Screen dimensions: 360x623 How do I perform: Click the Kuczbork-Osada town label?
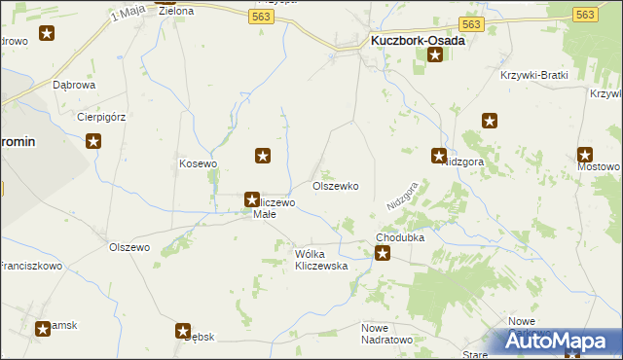tap(418, 41)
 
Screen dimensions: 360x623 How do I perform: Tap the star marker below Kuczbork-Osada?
tap(434, 55)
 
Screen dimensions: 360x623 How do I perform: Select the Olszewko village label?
tap(335, 185)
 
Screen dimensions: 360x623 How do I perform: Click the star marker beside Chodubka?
tap(384, 254)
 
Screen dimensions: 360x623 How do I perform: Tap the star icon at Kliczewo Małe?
tap(252, 198)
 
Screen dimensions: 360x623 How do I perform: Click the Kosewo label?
tap(198, 163)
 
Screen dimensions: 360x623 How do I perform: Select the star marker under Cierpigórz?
tap(94, 142)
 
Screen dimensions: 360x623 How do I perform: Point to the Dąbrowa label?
tap(74, 85)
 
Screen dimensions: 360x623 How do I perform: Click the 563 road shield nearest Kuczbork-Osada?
tap(471, 24)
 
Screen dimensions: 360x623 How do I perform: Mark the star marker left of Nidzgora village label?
tap(439, 155)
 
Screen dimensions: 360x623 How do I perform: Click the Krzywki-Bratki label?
tap(533, 75)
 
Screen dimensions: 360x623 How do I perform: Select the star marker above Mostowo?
tap(585, 154)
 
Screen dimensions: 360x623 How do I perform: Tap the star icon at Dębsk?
tap(183, 331)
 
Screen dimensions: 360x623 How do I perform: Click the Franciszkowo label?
tap(29, 265)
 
